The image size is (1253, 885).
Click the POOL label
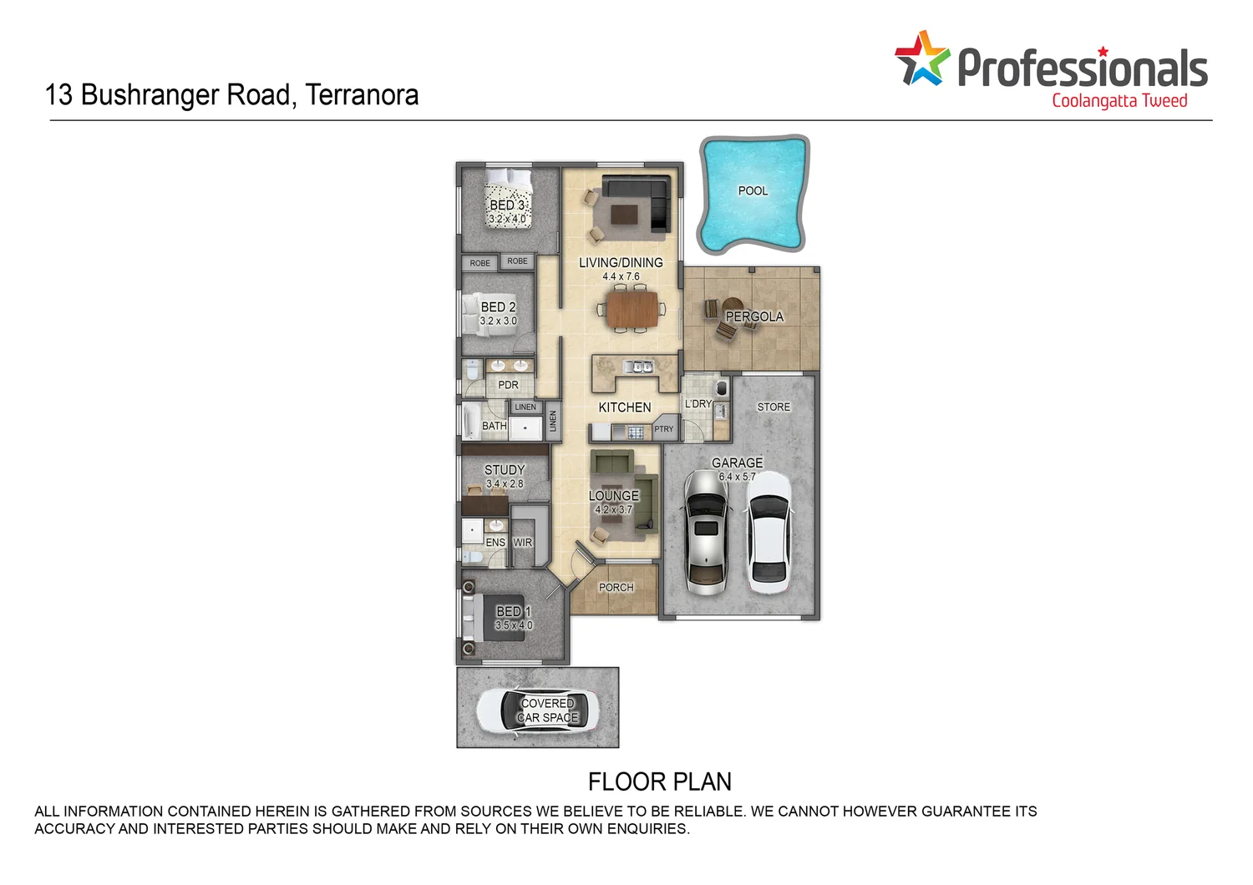(753, 191)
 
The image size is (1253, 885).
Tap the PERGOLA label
(754, 317)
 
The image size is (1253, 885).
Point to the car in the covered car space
(537, 710)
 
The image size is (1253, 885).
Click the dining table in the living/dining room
(632, 308)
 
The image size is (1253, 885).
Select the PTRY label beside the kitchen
(664, 429)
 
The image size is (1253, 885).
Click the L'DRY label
(698, 404)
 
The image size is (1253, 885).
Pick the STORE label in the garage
(774, 407)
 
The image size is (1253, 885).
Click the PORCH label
(616, 588)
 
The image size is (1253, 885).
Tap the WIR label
(523, 543)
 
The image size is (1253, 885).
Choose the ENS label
(495, 543)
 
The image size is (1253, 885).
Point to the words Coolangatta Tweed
(1119, 101)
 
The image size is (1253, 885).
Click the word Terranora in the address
(362, 95)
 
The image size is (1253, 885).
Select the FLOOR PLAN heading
(659, 782)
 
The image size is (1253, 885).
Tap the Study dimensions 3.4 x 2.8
(505, 484)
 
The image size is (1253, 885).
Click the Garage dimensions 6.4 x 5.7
(737, 477)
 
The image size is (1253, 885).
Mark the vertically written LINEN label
(552, 421)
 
